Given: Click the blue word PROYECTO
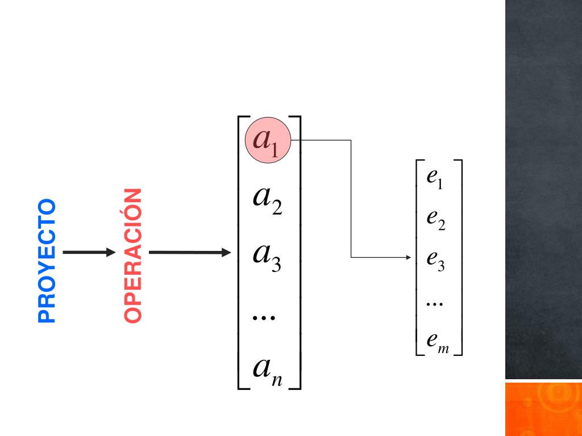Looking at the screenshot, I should pos(47,261).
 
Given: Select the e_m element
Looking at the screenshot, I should pos(438,342).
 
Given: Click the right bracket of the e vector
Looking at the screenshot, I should pos(459,258).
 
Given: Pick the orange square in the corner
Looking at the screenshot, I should pos(543,409).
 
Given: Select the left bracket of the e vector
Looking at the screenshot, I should pos(419,258).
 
